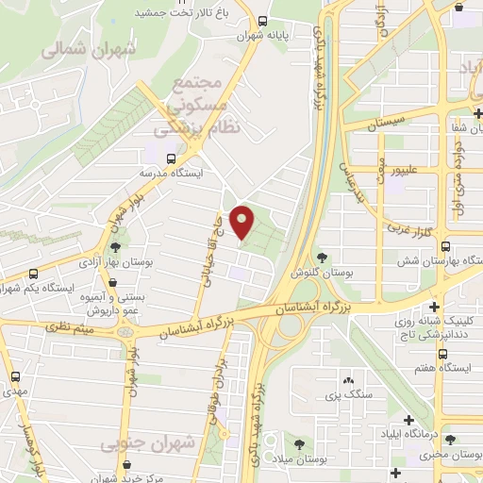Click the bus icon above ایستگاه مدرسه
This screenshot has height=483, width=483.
171,158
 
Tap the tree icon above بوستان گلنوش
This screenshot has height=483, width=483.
322,257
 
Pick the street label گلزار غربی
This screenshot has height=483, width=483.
406,229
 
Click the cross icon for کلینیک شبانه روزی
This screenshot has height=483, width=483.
434,308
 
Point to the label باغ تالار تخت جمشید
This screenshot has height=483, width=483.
189,11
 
